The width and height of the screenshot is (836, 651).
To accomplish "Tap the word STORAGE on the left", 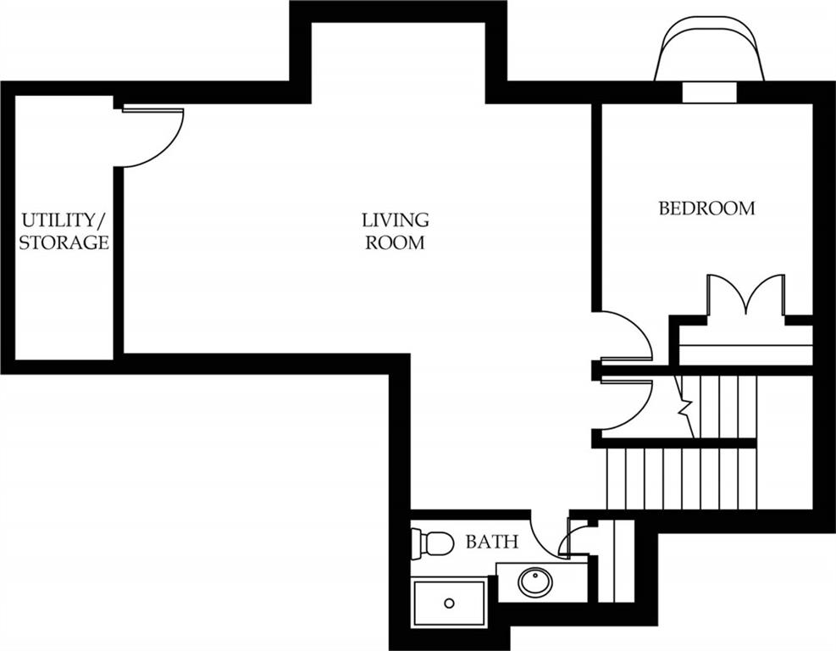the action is tap(64, 242).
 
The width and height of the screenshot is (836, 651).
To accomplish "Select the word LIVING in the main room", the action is tap(395, 220).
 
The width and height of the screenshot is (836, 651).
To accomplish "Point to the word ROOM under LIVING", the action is tap(395, 242).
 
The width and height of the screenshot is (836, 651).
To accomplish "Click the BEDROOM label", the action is tap(707, 208).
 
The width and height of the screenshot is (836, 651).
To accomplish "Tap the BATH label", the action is tap(491, 542).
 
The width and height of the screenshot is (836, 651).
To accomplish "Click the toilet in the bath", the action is tap(432, 543).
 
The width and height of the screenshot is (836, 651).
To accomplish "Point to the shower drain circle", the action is tap(450, 604).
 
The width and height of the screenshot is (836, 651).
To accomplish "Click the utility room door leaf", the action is tap(153, 110).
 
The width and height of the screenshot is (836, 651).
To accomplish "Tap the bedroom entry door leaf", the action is tap(627, 359).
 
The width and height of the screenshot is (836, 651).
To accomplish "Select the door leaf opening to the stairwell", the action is tap(627, 381).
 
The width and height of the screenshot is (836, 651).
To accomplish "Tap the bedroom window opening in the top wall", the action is tap(710, 92).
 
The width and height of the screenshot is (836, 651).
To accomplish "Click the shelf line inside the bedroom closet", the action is tap(746, 347).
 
